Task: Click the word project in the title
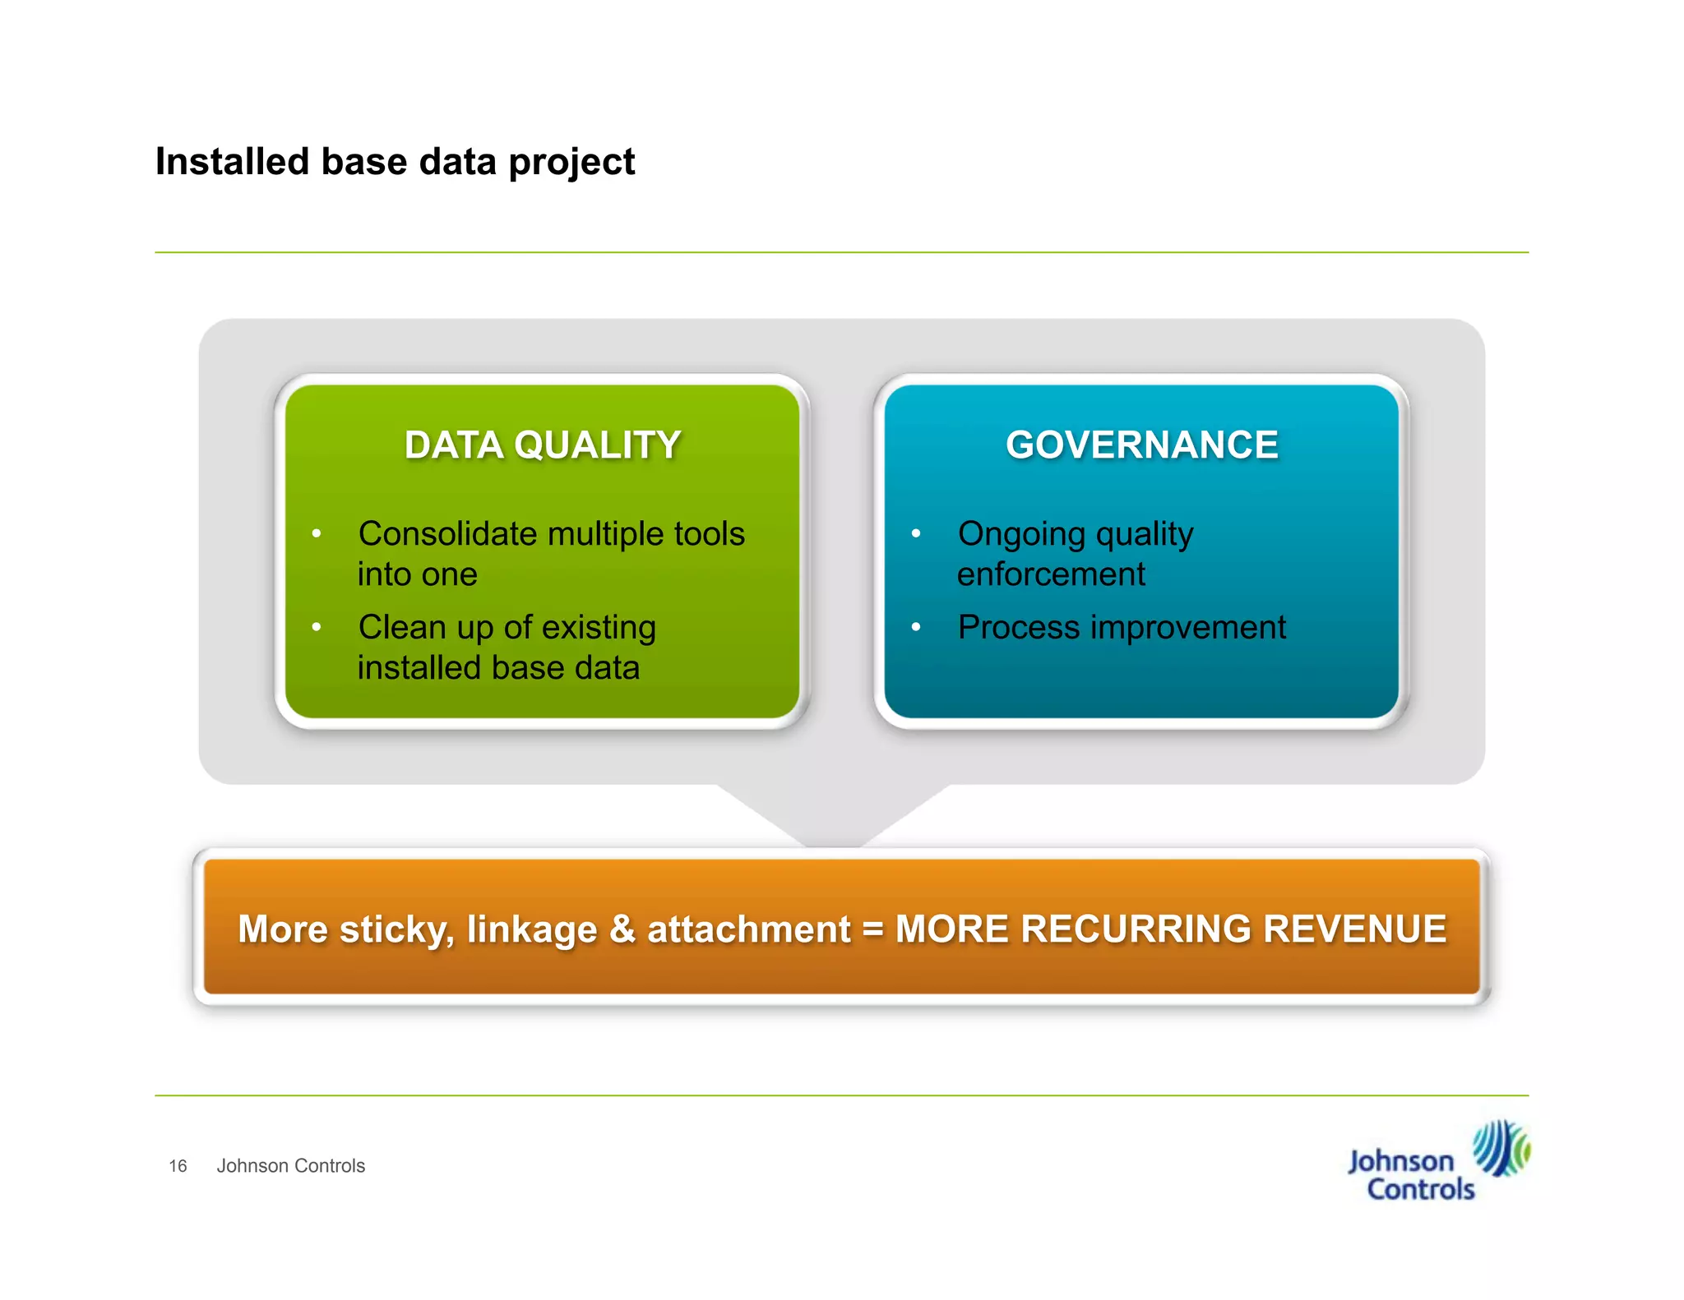point(571,163)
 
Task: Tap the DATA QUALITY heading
point(542,445)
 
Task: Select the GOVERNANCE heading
point(1141,445)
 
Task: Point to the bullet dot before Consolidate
point(316,534)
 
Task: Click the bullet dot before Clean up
point(316,627)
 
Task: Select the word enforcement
point(1050,574)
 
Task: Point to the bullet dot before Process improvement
point(915,627)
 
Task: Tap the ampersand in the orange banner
point(622,929)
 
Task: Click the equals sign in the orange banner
point(872,930)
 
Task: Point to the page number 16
point(178,1166)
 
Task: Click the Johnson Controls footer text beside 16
point(290,1166)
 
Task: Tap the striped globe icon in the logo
point(1499,1148)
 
